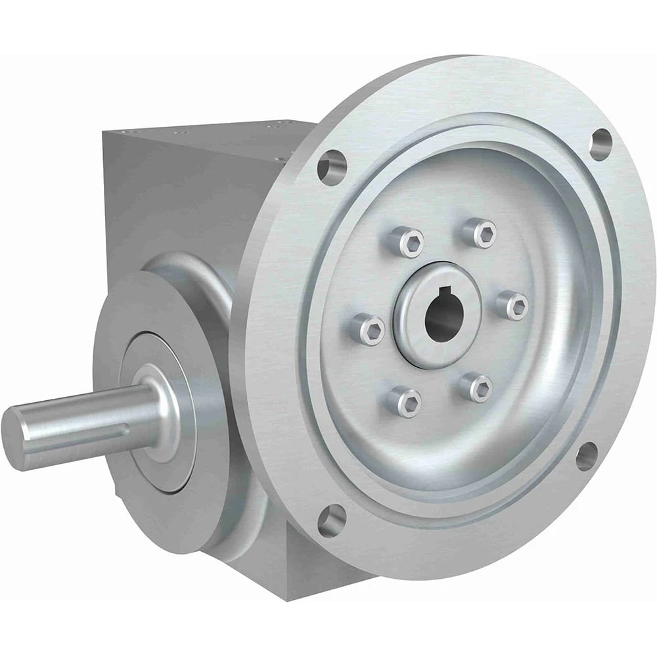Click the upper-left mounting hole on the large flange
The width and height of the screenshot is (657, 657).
(332, 166)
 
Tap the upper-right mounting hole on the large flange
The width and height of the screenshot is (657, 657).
(600, 144)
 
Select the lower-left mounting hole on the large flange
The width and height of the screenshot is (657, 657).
(332, 520)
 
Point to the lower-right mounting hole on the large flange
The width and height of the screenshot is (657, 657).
(587, 456)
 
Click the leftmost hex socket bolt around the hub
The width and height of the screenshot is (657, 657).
(368, 328)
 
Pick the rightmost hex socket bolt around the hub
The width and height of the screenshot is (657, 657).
(512, 306)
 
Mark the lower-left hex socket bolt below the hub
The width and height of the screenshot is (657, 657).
(404, 401)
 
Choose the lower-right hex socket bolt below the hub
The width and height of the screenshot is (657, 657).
(476, 387)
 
